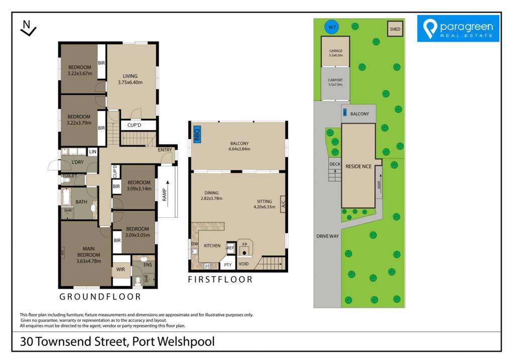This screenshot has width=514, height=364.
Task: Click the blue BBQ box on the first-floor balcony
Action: pos(197,134)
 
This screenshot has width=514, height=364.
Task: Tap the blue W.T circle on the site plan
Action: pos(332,27)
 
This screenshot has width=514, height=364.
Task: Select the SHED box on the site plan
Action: pos(395,29)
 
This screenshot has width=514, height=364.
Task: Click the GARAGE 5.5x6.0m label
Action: pos(336,53)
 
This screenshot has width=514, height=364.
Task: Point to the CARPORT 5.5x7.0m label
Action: pos(335,82)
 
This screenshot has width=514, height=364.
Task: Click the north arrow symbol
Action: pos(28,28)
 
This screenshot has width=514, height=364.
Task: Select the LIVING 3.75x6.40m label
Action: pos(130,79)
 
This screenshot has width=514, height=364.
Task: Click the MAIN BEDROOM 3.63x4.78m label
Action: pos(88,255)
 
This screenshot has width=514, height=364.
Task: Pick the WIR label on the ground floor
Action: pos(120,269)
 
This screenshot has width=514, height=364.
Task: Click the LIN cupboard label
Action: pos(93,152)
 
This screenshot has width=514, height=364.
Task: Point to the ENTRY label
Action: pos(165,150)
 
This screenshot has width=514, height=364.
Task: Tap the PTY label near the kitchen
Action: pos(228,265)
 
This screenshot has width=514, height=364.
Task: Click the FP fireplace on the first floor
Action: pos(244,248)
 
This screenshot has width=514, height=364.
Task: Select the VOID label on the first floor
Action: pos(243,264)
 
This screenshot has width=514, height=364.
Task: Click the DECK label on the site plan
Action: pos(335,164)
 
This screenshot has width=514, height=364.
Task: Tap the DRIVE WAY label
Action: pos(327,236)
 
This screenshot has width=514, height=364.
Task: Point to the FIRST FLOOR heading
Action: pos(220,279)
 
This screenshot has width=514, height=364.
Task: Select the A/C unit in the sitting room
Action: pos(283,204)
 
